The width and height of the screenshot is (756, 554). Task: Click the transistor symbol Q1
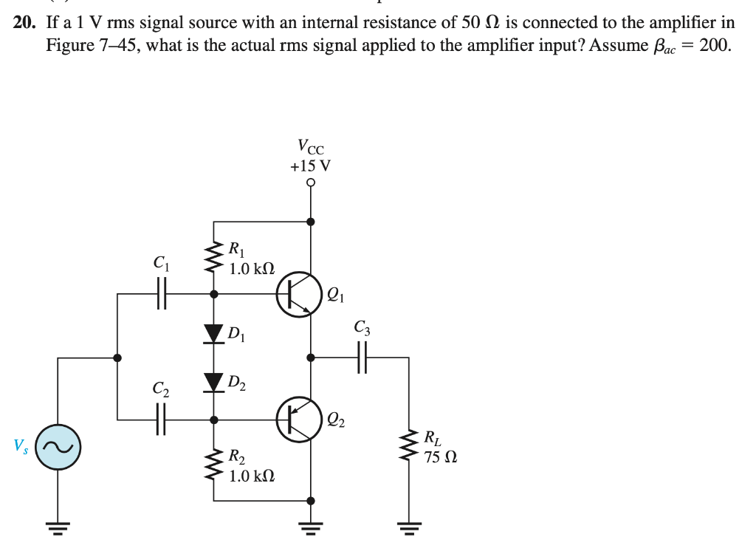coord(299,294)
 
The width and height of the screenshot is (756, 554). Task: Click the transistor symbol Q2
coord(299,419)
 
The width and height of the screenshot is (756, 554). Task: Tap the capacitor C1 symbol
coord(161,294)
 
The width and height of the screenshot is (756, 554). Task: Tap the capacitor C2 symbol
coord(161,419)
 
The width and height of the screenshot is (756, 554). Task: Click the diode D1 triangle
coord(214,334)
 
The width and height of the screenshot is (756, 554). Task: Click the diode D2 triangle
coord(214,382)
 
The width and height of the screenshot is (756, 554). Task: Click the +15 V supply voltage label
coord(311,165)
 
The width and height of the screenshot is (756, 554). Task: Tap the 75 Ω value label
coord(440,456)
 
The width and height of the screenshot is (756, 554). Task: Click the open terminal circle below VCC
coord(311,182)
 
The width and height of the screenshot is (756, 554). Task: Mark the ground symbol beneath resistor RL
coord(409,527)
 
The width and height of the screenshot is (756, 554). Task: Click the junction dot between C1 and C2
coord(117,358)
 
